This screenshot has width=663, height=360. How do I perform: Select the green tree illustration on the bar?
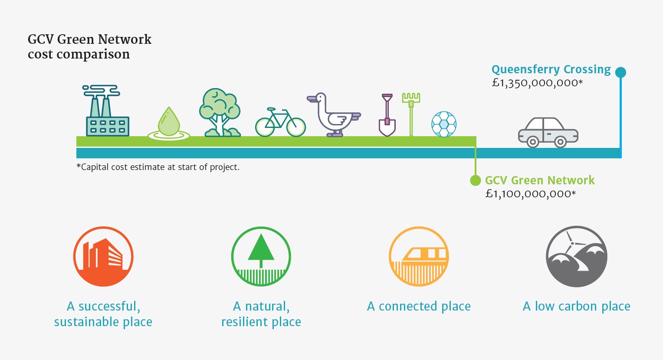pyautogui.click(x=220, y=112)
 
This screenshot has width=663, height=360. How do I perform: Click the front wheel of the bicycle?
pyautogui.click(x=295, y=127)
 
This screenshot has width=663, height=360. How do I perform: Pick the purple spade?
pyautogui.click(x=387, y=115)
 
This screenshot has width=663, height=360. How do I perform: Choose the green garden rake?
pyautogui.click(x=411, y=115)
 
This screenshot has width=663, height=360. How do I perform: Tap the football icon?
pyautogui.click(x=444, y=124)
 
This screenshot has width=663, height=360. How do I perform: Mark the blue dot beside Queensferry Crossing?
pyautogui.click(x=620, y=72)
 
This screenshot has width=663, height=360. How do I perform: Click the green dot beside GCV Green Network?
pyautogui.click(x=476, y=180)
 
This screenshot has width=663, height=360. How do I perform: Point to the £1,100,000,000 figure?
pyautogui.click(x=531, y=194)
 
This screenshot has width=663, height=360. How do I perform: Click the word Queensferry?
pyautogui.click(x=525, y=70)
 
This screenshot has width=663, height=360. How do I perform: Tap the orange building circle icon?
pyautogui.click(x=103, y=256)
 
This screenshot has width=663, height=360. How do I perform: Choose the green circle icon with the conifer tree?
pyautogui.click(x=261, y=256)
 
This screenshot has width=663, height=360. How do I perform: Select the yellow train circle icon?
pyautogui.click(x=419, y=256)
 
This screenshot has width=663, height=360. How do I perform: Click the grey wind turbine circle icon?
pyautogui.click(x=577, y=256)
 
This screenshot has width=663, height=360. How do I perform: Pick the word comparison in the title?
pyautogui.click(x=93, y=55)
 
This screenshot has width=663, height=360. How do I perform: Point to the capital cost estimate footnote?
pyautogui.click(x=158, y=167)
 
